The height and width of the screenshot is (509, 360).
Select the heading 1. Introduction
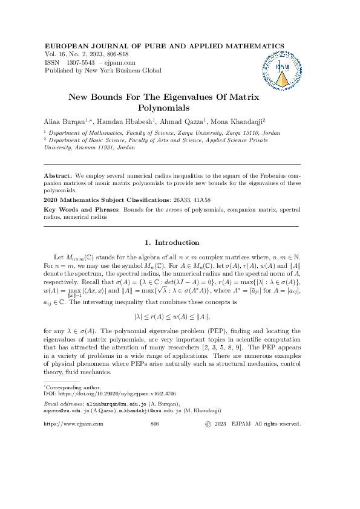172,242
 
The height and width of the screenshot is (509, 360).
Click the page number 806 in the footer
154,424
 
